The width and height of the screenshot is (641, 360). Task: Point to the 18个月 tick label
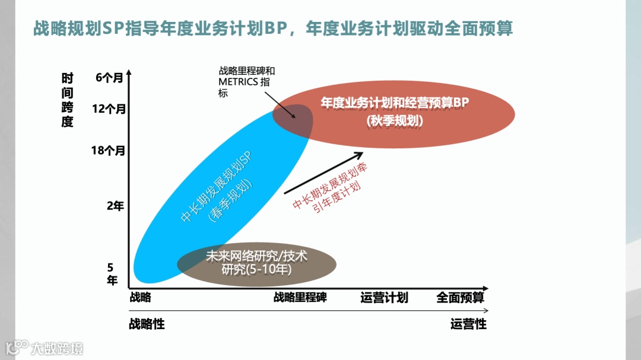(x=109, y=150)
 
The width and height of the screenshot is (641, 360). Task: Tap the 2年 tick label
(x=115, y=206)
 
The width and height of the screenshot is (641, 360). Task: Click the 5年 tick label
(x=112, y=274)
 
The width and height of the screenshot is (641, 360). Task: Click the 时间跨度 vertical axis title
(x=67, y=100)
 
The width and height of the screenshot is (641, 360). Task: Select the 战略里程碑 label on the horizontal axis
(x=300, y=297)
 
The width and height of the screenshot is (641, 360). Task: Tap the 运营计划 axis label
(x=384, y=297)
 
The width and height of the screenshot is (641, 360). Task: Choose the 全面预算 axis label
(x=461, y=297)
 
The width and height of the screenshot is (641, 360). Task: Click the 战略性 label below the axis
(x=147, y=324)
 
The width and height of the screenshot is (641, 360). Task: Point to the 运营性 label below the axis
(x=468, y=324)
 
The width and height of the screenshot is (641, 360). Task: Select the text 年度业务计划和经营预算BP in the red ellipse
(x=395, y=103)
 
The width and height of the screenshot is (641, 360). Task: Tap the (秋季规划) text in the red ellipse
(x=395, y=120)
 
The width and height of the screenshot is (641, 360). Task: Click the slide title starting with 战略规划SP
(x=273, y=28)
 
